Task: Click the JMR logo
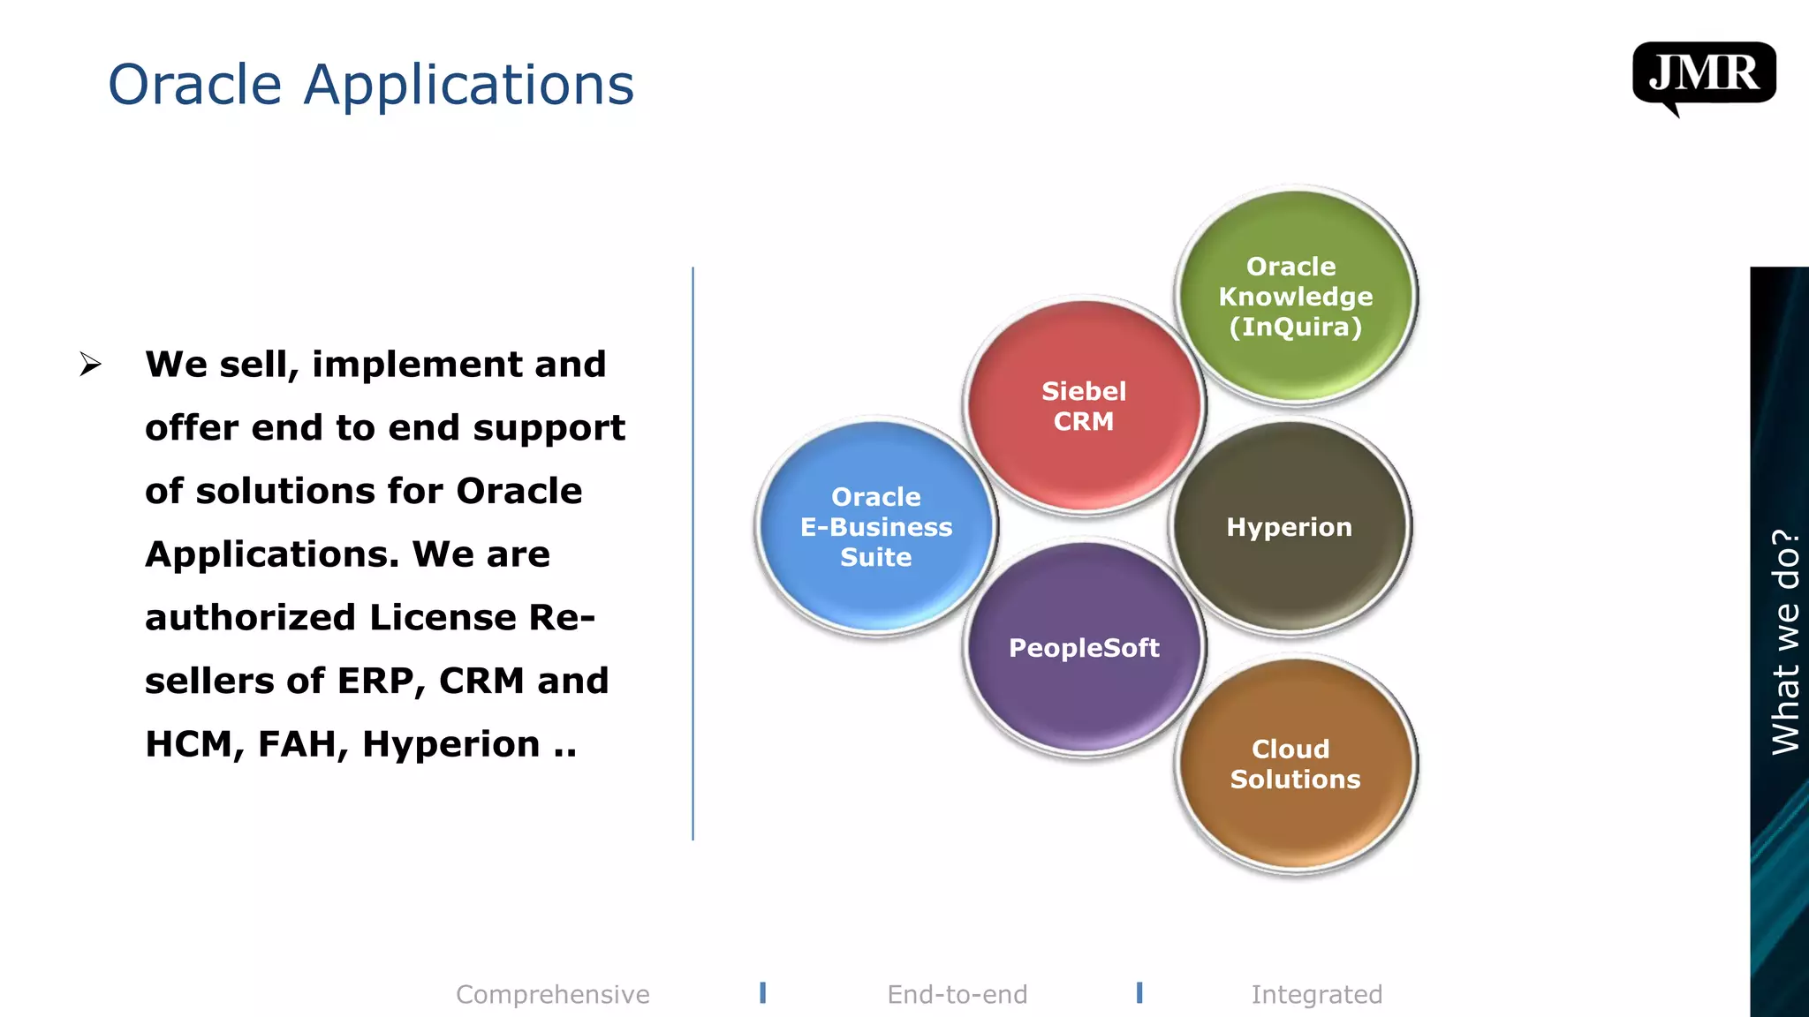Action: click(1703, 74)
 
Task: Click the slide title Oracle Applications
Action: click(371, 85)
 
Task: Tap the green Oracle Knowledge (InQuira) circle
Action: click(1295, 297)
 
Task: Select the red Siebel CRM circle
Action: click(1084, 406)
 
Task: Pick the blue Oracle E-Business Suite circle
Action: click(876, 527)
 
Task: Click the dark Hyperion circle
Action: click(1290, 527)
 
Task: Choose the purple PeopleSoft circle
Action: click(1084, 648)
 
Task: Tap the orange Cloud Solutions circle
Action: click(1295, 765)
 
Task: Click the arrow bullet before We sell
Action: click(90, 365)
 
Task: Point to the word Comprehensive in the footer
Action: click(553, 995)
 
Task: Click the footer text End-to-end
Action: click(957, 995)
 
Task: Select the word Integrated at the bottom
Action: click(1316, 995)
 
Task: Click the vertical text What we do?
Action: click(1785, 642)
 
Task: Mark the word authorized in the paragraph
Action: click(251, 618)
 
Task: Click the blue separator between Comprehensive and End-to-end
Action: click(763, 993)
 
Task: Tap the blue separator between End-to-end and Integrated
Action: click(1139, 993)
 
